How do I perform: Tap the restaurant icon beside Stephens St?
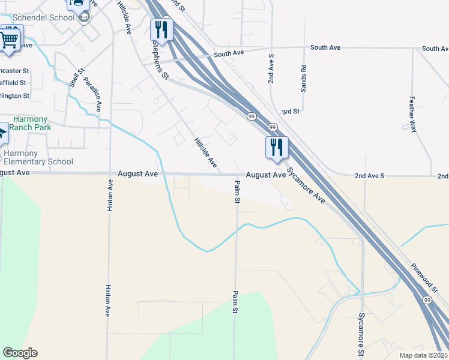pos(161,29)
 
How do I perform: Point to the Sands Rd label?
pos(304,78)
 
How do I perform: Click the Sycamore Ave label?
pos(306,185)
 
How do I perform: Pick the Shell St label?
pos(74,77)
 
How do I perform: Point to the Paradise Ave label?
pos(92,94)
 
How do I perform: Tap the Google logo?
pos(20,353)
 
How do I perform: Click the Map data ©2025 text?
pos(423,355)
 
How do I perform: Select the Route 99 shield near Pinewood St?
pos(427,299)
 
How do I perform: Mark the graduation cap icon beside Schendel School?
pos(84,17)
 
